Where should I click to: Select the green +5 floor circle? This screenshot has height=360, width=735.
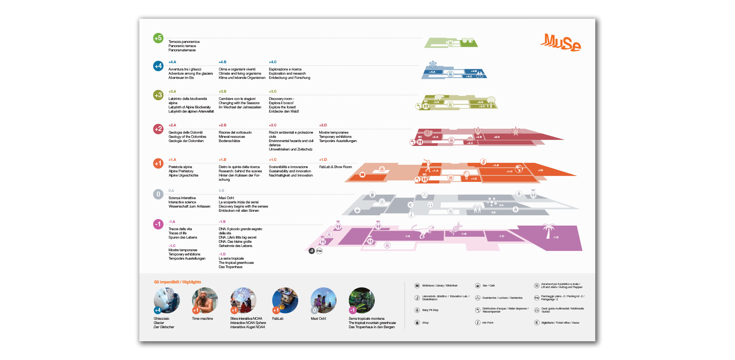click(x=158, y=38)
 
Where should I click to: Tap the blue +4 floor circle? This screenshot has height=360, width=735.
click(x=158, y=66)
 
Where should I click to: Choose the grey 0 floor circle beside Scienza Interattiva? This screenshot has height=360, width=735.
click(x=158, y=194)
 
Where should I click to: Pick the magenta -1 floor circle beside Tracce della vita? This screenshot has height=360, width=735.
click(x=158, y=224)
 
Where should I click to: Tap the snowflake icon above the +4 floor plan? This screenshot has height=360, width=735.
click(x=433, y=64)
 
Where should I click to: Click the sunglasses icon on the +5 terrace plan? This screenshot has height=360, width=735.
click(x=467, y=40)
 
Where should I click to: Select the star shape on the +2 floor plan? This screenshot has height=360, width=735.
click(x=516, y=131)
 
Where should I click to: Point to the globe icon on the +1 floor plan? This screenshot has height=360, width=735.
click(x=519, y=169)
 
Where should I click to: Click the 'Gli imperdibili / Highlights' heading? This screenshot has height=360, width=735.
click(x=177, y=282)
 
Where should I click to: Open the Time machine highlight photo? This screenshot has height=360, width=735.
click(x=205, y=300)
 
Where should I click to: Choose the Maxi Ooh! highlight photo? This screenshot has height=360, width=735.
click(x=323, y=300)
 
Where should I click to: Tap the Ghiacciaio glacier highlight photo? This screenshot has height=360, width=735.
click(x=167, y=300)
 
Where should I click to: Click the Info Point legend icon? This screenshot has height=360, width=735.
click(x=478, y=322)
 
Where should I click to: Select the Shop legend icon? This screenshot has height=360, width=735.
click(x=417, y=322)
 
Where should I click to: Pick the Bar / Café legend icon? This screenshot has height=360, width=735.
click(x=478, y=286)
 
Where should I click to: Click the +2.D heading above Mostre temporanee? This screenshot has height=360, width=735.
click(x=323, y=125)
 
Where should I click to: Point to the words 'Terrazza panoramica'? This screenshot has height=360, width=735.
click(x=184, y=42)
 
